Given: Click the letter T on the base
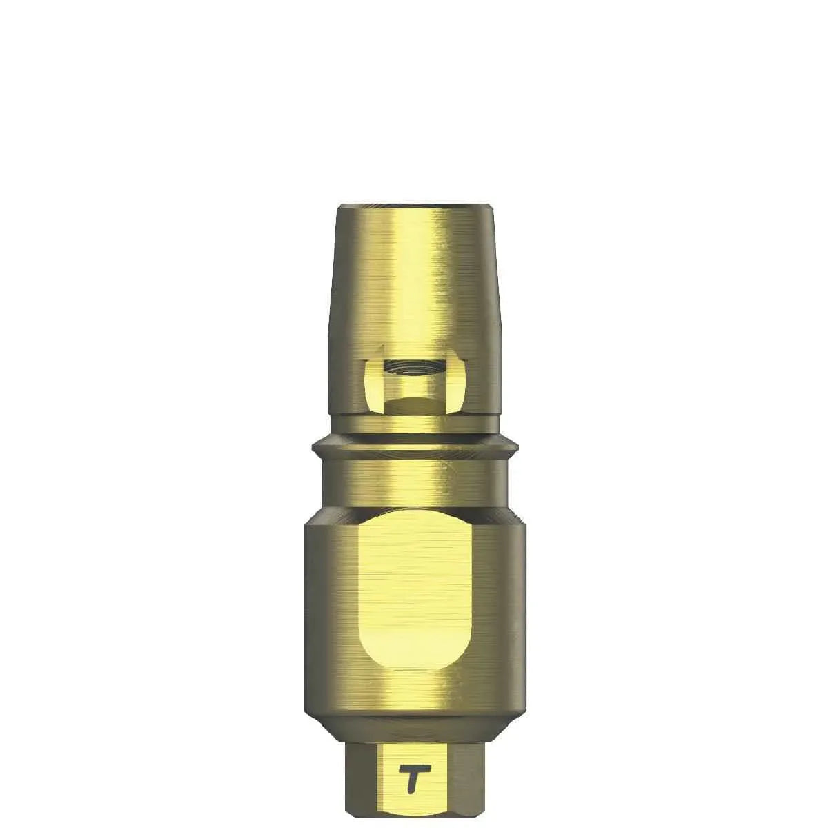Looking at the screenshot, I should click(x=413, y=770).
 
